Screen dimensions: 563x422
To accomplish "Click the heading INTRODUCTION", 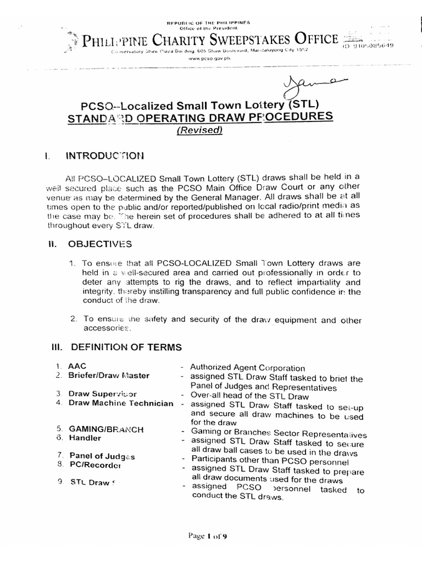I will pos(105,156).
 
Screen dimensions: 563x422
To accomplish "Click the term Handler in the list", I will pos(85,438).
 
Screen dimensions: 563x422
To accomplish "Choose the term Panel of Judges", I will pos(102,456).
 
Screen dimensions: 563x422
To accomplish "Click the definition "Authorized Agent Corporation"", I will pos(247,367).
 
